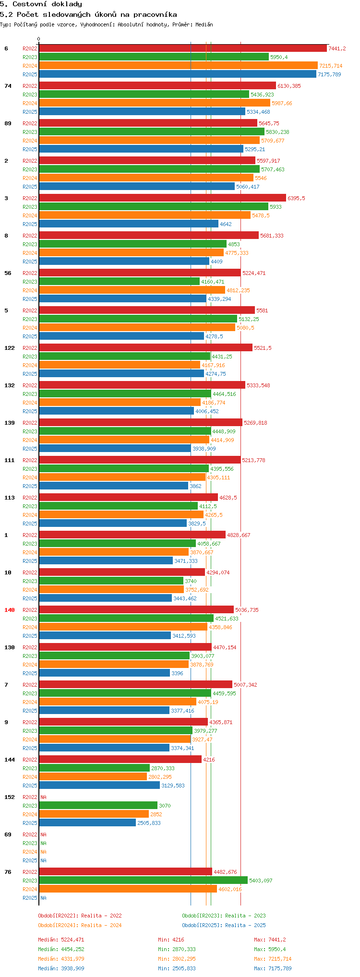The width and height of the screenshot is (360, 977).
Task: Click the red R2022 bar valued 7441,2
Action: point(183,48)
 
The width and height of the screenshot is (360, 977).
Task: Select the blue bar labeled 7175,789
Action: point(178,74)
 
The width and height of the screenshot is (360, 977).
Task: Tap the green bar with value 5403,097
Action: point(144,881)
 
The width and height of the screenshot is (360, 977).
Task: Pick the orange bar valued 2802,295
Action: point(93,777)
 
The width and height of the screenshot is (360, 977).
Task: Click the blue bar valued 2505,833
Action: point(87,823)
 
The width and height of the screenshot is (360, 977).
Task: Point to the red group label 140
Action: point(10,610)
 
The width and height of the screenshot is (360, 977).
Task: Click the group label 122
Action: point(10,348)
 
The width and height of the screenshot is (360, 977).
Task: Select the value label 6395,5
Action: point(296,198)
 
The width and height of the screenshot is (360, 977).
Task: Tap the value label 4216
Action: point(209,760)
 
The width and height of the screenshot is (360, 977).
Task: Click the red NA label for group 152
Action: point(43,797)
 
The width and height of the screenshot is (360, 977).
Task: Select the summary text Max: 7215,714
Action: point(273,959)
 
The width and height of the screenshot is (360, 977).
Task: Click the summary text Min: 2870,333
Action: point(177,949)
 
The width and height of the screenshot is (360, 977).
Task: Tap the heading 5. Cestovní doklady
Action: point(41,4)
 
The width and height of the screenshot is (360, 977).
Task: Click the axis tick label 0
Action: point(39,39)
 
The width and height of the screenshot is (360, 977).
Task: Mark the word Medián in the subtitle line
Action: point(204,24)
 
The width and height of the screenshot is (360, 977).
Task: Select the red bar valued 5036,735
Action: point(136,610)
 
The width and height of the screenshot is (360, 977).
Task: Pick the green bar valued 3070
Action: point(98,806)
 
